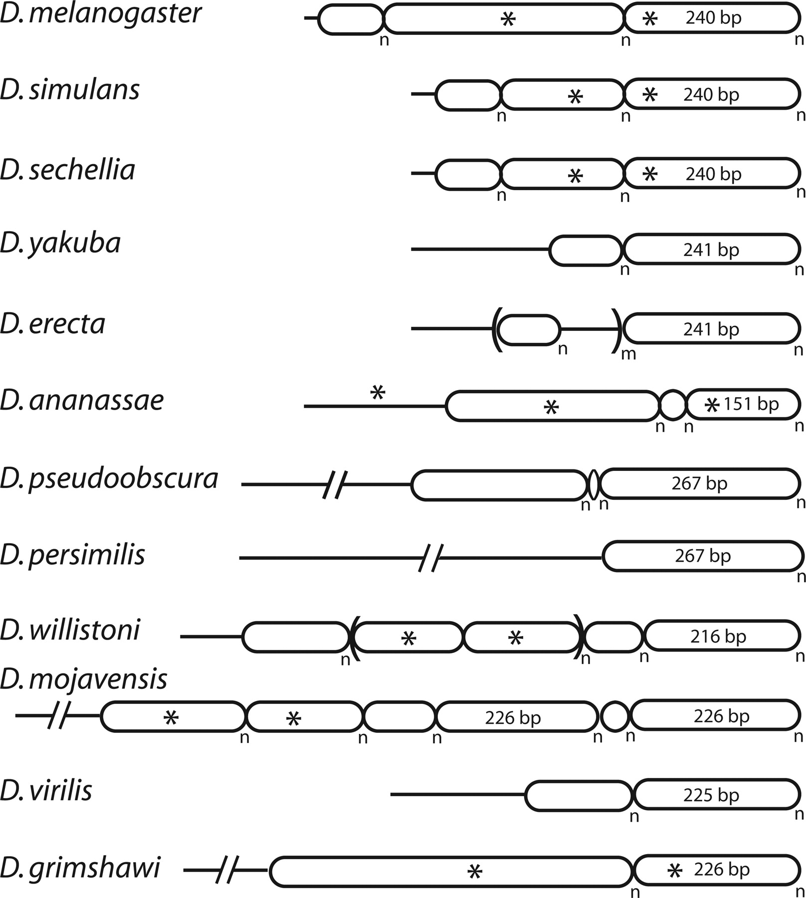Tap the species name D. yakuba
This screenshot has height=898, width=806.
tap(60, 244)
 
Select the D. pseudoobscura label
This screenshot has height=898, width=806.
tap(109, 479)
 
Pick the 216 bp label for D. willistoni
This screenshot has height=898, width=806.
tap(718, 637)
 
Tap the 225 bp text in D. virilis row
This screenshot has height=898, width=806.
tap(711, 795)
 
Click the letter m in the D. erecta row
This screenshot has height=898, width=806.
tap(628, 355)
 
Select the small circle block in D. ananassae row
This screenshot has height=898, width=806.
tap(673, 406)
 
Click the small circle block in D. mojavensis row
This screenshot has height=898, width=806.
tap(614, 716)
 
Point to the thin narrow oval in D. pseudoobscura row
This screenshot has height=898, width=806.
tap(594, 484)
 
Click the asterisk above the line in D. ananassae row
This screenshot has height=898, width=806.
tap(378, 393)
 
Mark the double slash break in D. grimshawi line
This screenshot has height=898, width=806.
tap(227, 870)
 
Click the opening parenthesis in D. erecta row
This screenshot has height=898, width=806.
tap(496, 329)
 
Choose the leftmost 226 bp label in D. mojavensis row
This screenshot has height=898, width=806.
tap(513, 718)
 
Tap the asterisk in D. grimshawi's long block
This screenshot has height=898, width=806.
tap(475, 872)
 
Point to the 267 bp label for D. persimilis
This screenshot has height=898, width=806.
tap(703, 556)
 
